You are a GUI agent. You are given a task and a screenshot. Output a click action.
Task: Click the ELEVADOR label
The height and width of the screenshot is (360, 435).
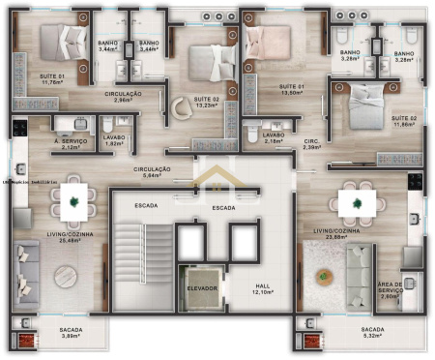203,287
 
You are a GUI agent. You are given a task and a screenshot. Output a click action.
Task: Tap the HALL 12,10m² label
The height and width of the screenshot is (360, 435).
263,288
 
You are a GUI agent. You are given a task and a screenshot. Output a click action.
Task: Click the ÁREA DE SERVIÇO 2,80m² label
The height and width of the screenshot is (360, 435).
391,290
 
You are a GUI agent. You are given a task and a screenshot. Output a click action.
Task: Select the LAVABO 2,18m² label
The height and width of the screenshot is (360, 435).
274,137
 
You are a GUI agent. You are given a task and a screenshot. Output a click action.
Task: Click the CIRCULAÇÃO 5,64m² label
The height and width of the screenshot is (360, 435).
152,172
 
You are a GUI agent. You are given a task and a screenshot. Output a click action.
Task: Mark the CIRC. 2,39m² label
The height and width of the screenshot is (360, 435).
311,145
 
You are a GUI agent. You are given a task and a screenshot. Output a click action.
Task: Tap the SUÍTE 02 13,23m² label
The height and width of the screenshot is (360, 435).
207,103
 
